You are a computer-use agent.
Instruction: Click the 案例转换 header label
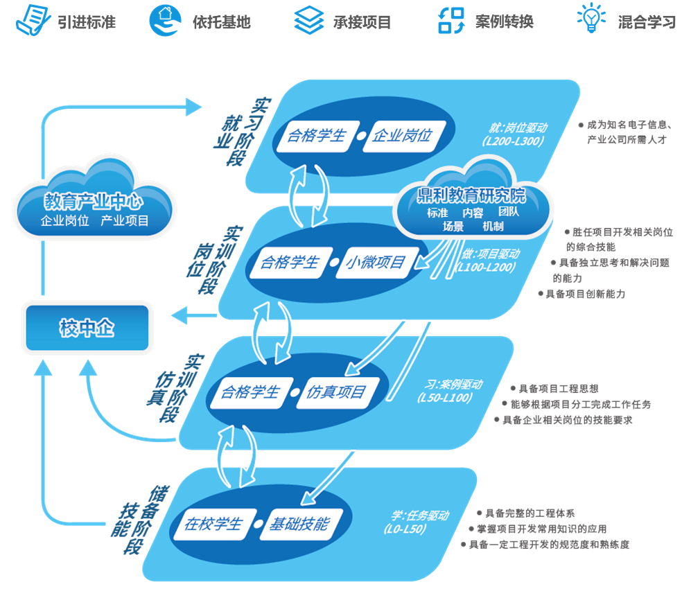504,21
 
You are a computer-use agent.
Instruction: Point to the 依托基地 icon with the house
164,20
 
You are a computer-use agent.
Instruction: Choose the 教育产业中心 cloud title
93,202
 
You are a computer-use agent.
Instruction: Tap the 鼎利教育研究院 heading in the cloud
473,194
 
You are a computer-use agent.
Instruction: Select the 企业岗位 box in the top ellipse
402,135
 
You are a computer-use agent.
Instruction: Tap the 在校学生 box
212,524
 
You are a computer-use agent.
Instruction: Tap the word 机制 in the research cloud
493,227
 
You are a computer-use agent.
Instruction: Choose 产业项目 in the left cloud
125,221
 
